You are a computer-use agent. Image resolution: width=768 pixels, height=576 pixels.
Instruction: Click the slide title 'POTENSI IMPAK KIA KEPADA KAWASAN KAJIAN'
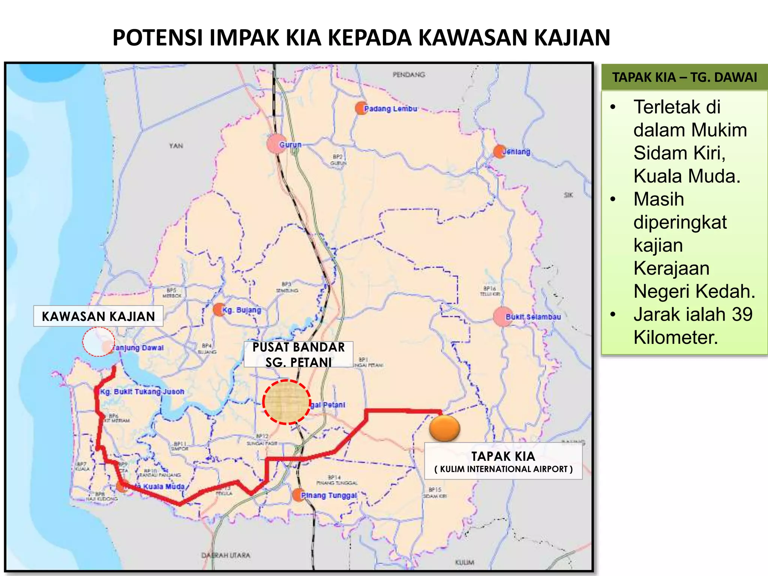(361, 37)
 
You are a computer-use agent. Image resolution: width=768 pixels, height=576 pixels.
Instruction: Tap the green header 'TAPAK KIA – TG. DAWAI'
(684, 77)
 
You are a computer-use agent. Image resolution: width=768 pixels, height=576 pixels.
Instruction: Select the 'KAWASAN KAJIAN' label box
(98, 316)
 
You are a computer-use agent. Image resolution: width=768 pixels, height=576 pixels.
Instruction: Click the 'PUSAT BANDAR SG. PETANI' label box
(298, 354)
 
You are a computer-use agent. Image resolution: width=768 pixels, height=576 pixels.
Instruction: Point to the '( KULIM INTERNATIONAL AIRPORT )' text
(503, 469)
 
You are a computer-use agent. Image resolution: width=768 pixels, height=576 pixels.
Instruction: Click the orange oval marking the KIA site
(444, 428)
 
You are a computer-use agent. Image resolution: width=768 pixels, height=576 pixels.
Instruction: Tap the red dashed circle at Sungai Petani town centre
(286, 402)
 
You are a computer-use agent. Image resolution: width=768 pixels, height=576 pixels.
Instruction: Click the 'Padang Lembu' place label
(390, 109)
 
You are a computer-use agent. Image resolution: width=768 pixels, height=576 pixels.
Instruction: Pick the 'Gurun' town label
(290, 144)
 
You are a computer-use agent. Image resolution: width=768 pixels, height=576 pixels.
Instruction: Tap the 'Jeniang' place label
(516, 152)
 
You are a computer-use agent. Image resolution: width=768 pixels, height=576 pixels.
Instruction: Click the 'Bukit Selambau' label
(533, 317)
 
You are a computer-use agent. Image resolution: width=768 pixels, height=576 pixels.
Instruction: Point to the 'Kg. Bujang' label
(241, 310)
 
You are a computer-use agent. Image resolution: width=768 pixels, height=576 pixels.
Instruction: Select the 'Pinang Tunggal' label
(329, 495)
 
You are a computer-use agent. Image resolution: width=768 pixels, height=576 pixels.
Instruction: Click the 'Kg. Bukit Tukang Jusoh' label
(142, 391)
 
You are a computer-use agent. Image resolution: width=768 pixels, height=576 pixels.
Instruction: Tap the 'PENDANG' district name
(409, 75)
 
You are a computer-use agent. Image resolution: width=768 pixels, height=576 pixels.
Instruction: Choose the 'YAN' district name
(176, 145)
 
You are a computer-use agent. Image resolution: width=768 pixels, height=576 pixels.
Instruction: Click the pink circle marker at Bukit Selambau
(502, 317)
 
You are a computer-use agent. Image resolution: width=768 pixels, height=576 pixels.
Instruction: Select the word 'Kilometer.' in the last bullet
(675, 337)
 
